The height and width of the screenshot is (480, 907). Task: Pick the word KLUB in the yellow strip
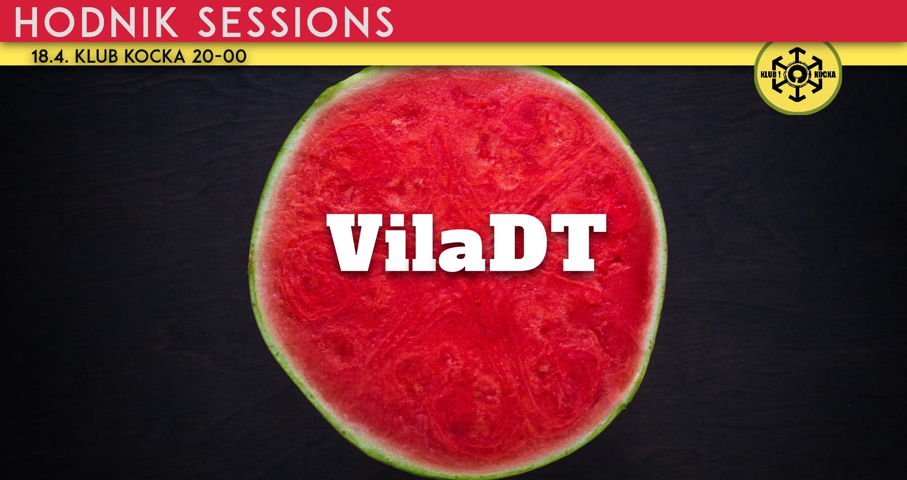95,57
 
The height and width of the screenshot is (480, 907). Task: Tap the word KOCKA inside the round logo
825,74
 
